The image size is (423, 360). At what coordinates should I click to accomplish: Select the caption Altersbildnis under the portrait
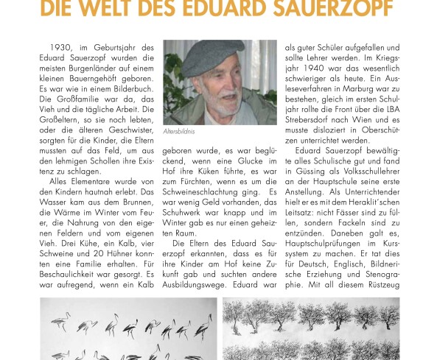[x=181, y=130]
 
